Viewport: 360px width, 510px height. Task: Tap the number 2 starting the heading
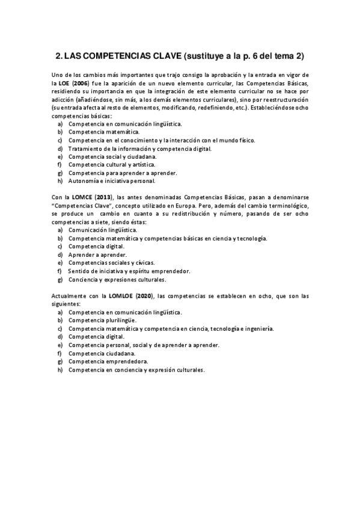point(58,57)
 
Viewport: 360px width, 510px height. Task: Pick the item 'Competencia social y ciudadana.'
point(105,156)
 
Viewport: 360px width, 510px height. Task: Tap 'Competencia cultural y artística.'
point(103,164)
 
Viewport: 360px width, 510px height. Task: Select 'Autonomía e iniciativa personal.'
point(103,180)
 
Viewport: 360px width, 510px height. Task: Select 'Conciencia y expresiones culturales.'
point(117,280)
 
